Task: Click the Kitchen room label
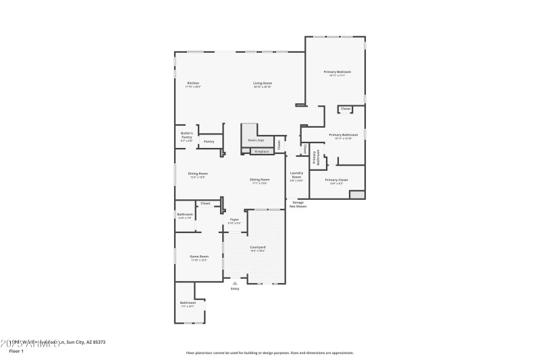[x=193, y=83]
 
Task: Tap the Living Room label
[x=263, y=83]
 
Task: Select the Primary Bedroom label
[x=337, y=72]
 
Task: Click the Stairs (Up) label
[x=256, y=141]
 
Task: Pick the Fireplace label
[x=261, y=151]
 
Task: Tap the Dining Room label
[x=198, y=174]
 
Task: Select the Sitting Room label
[x=260, y=180]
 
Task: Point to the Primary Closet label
[x=335, y=180]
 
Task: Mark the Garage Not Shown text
[x=298, y=204]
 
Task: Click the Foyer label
[x=234, y=220]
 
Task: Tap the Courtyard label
[x=258, y=248]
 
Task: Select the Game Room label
[x=198, y=257]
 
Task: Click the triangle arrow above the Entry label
[x=235, y=283]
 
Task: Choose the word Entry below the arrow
[x=235, y=289]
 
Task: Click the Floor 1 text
[x=16, y=351]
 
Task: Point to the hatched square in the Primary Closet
[x=357, y=195]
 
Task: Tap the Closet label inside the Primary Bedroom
[x=345, y=109]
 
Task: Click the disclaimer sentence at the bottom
[x=269, y=353]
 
